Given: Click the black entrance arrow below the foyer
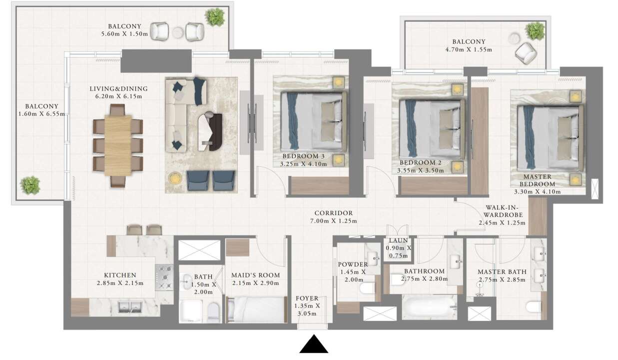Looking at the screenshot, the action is pos(314,344).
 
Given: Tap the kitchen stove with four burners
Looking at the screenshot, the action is pos(164,277).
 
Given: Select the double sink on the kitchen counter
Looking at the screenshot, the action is pos(130,306).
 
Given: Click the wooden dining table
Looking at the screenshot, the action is pos(118,145).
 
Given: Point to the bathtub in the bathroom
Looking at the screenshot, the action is pos(429,306).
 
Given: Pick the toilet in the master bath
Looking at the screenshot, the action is pos(534,306).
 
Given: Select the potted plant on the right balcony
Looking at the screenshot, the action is pos(535,31).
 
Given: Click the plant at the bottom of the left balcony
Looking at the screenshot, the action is pos(30,185).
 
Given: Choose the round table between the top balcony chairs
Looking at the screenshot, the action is pos(178,32).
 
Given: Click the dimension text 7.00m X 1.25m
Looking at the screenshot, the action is pos(334,221).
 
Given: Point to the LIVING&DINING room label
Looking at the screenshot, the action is pos(118,88).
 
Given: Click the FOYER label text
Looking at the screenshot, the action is pos(307,298).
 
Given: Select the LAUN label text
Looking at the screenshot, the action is pos(398,240).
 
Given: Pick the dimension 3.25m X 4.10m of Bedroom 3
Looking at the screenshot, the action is pos(303,164).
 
